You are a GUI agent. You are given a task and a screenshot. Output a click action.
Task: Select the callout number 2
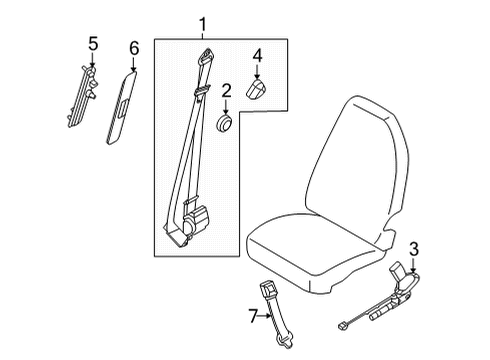227,92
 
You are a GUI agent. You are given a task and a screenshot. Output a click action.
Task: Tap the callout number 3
415,248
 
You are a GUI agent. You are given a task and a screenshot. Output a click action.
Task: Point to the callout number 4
257,55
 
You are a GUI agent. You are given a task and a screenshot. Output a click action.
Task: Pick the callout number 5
93,44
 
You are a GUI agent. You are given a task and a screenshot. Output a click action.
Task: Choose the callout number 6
134,48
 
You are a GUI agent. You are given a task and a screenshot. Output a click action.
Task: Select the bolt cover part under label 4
257,91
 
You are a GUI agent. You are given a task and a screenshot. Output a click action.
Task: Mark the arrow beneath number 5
93,61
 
